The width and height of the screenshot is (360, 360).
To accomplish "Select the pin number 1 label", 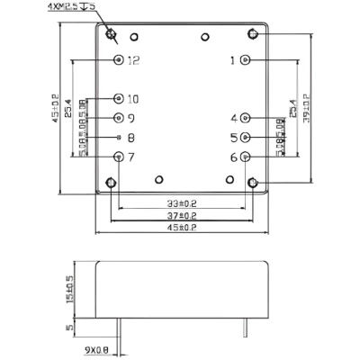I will click(232, 60).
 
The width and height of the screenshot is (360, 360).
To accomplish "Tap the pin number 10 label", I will click(134, 99).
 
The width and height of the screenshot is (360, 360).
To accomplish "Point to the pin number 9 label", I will click(131, 118).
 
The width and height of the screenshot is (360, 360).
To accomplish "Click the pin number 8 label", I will click(131, 138).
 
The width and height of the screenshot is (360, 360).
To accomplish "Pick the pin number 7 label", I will click(131, 157).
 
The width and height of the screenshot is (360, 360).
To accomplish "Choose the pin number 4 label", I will click(234, 118).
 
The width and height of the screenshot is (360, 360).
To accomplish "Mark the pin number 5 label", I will click(234, 138).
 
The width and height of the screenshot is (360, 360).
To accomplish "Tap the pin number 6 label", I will click(234, 157).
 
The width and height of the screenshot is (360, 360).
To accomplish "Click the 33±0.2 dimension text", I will click(182, 202).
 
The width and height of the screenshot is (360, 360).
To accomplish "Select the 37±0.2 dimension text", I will click(182, 216).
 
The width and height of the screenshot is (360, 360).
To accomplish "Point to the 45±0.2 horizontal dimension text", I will click(182, 229).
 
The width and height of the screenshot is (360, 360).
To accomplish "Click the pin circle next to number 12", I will click(119, 60).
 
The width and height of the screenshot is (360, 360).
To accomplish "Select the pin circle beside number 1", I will click(247, 60).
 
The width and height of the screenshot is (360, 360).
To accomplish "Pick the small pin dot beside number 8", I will click(119, 138).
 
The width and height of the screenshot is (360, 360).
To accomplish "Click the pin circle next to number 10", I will click(119, 99).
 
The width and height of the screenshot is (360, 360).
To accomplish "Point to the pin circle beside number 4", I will click(247, 118).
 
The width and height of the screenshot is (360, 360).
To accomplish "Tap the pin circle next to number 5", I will click(247, 138).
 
